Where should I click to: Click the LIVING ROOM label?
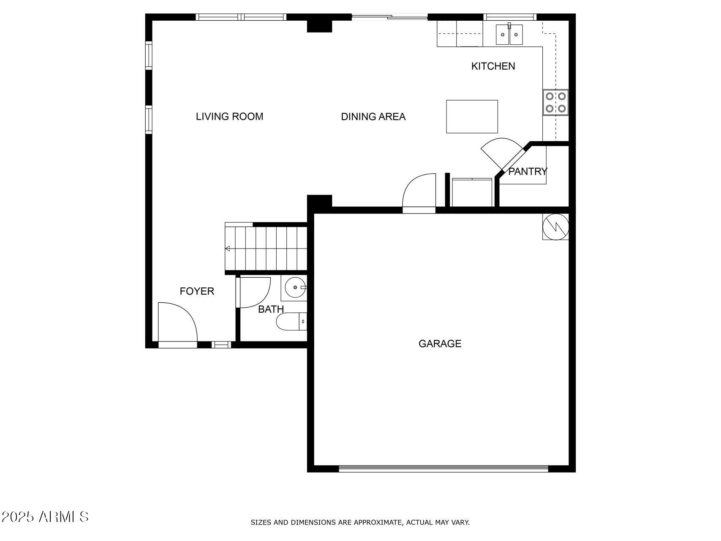point(229,116)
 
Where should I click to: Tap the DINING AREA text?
point(373,117)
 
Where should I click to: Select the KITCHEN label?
point(493,66)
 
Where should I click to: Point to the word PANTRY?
point(528,171)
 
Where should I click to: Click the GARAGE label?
point(440,344)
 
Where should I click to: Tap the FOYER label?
point(197,291)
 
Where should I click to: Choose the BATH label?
point(271,309)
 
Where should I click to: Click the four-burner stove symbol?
point(555,102)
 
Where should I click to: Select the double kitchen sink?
point(509,34)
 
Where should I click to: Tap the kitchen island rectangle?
point(472,117)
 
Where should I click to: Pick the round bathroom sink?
point(294,288)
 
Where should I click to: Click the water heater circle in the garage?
point(555,227)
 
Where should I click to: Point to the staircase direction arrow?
point(228,249)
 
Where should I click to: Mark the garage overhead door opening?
point(443,468)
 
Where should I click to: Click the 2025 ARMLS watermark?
point(45,516)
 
